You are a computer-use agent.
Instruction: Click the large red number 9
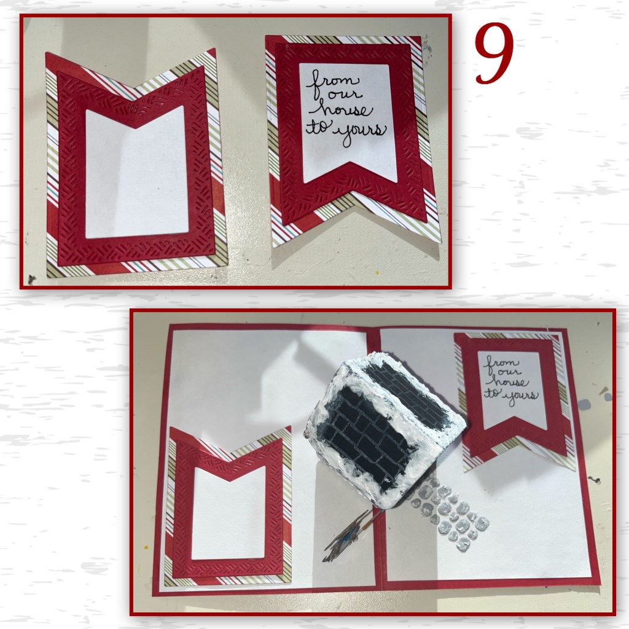[x=494, y=53]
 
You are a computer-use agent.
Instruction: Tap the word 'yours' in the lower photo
[x=521, y=398]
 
